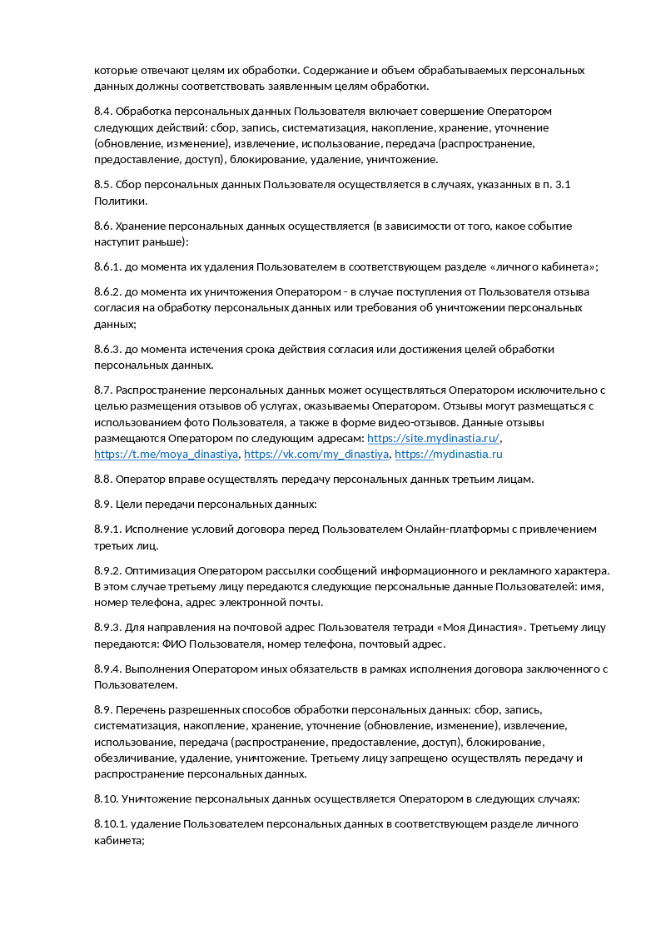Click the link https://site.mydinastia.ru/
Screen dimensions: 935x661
click(x=433, y=438)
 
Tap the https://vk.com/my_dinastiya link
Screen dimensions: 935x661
click(x=316, y=454)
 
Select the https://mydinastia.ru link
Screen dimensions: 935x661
click(x=448, y=454)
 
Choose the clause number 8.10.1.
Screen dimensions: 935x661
click(x=111, y=823)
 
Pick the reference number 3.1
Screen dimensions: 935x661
click(x=562, y=185)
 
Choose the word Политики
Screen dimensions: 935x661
click(x=121, y=201)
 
